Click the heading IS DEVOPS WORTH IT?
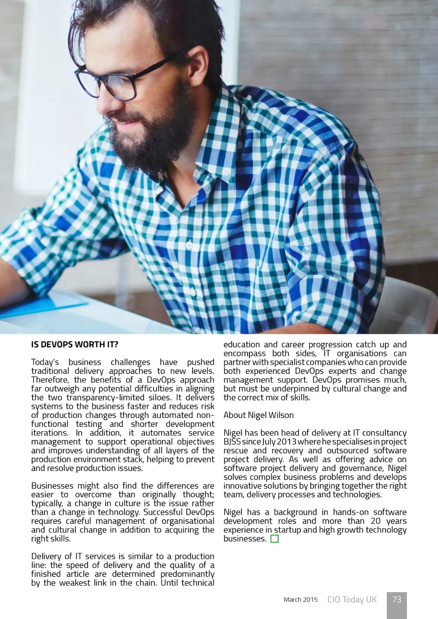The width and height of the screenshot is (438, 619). (74, 345)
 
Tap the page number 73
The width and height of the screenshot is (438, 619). (397, 599)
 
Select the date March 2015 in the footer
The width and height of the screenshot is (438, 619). (300, 600)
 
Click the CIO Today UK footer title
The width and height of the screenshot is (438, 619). (352, 599)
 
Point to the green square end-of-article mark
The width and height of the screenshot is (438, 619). (275, 539)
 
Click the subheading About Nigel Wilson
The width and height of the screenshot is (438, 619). (258, 415)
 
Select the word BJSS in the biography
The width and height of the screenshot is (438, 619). (232, 442)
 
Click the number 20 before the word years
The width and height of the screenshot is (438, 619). (376, 521)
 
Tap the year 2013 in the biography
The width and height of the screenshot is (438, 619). (286, 442)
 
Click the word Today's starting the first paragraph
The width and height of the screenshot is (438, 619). (45, 362)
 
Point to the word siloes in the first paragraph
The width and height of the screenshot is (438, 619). (159, 398)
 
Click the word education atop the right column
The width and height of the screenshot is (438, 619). (241, 345)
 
